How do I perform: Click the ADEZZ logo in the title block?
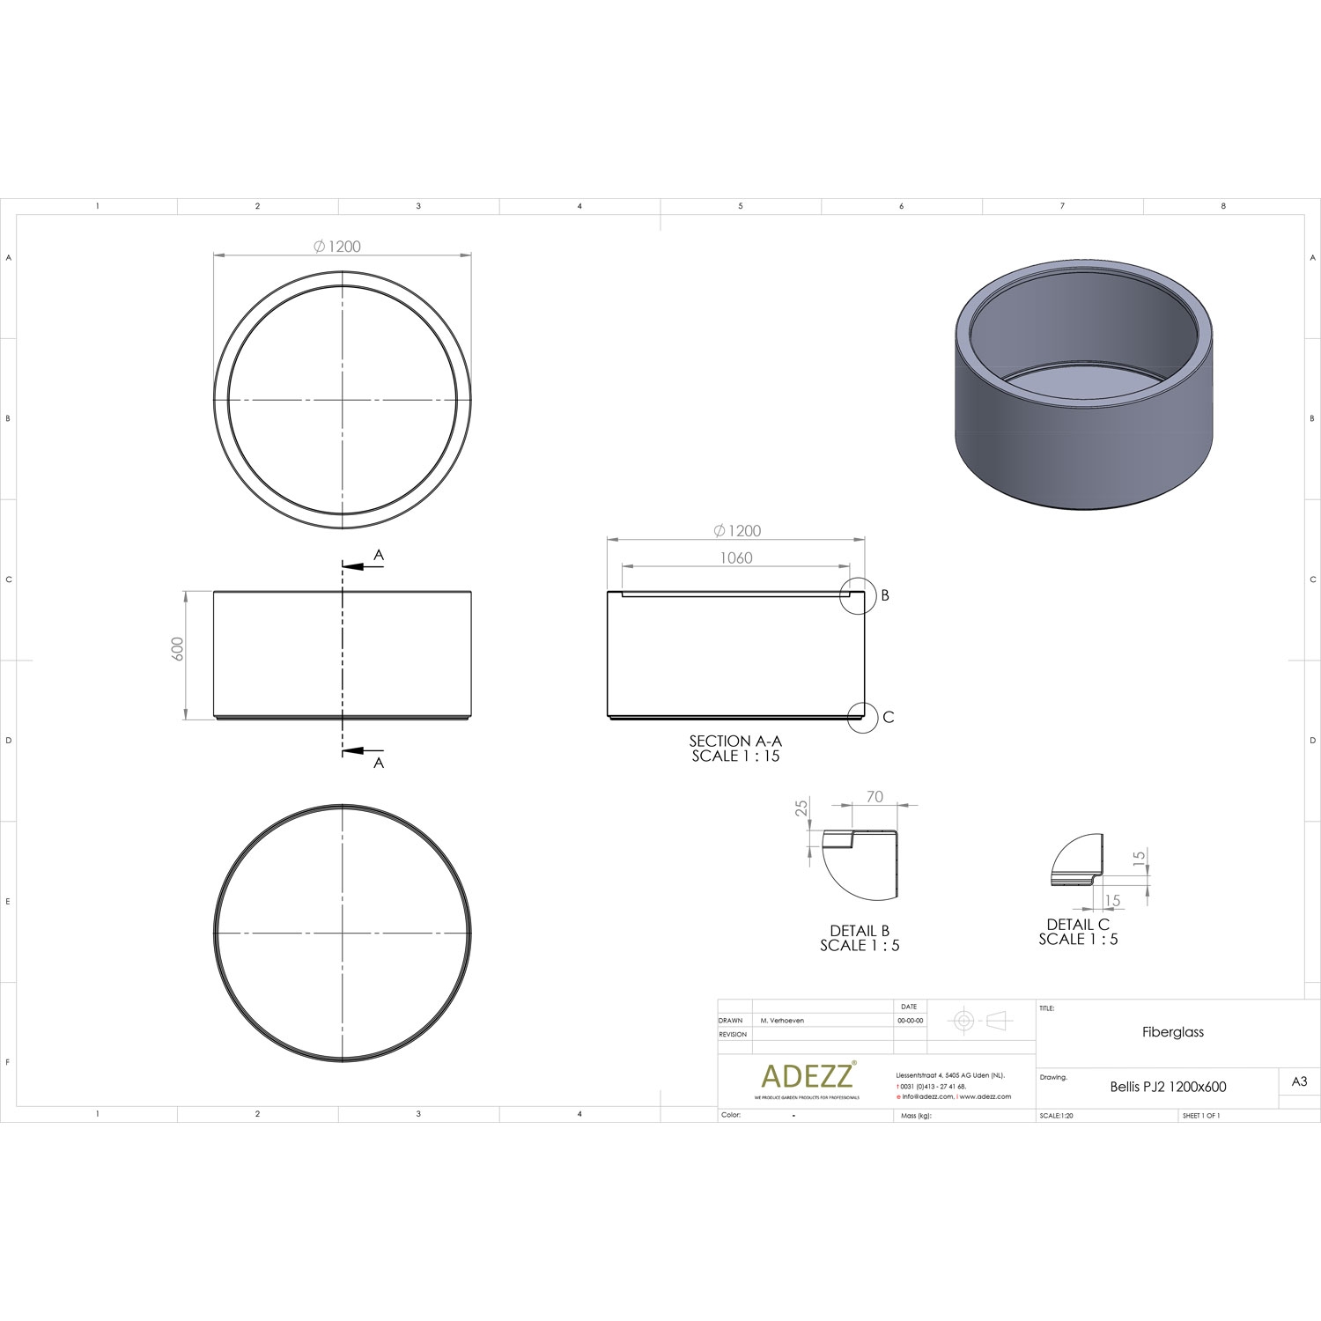coord(807,1075)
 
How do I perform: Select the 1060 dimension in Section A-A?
coord(736,557)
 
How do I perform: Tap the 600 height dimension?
coord(179,649)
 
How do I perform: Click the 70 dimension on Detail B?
coord(875,797)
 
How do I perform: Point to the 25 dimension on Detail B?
coord(802,809)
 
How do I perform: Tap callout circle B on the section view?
coord(858,595)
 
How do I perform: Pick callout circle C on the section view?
coord(863,717)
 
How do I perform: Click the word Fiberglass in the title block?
coord(1172,1032)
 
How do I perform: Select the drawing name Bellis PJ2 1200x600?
coord(1168,1087)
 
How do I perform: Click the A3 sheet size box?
coord(1299,1082)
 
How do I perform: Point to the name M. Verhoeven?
coord(782,1021)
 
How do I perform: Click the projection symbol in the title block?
coord(978,1021)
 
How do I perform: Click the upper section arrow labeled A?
coord(364,566)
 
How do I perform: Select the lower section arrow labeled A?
coord(364,751)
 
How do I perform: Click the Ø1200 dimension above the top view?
coord(338,247)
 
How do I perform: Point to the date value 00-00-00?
coord(911,1021)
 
